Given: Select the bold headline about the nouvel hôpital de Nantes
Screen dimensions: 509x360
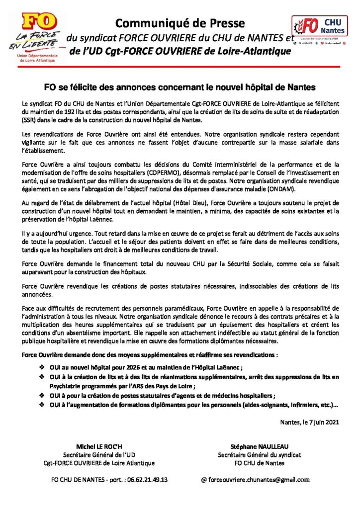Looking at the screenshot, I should point(180,87).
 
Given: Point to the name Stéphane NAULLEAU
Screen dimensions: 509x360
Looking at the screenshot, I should point(259,446).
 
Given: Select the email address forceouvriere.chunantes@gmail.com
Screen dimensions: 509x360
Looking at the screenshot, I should point(260,480).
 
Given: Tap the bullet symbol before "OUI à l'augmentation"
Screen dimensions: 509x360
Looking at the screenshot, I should point(42,405).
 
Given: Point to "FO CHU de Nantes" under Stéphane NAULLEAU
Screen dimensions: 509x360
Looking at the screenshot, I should point(259,463).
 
